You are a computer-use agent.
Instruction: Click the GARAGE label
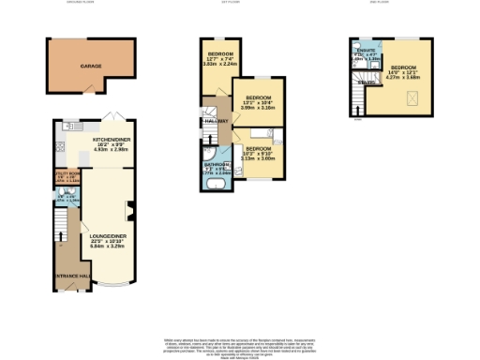[x=91, y=67]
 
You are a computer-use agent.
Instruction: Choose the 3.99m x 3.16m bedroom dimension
[x=258, y=109]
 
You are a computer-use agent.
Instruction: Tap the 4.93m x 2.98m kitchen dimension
[x=111, y=148]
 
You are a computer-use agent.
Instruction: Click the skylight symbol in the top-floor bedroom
[x=411, y=97]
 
